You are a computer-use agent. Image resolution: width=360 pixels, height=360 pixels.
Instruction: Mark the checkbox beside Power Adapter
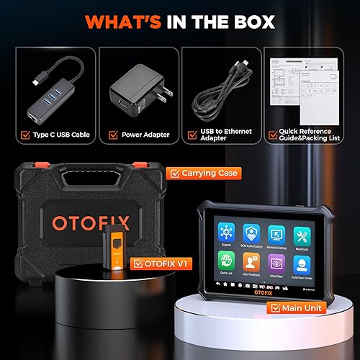point(112,134)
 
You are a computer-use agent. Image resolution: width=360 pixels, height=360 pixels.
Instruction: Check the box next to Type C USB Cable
point(27,134)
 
